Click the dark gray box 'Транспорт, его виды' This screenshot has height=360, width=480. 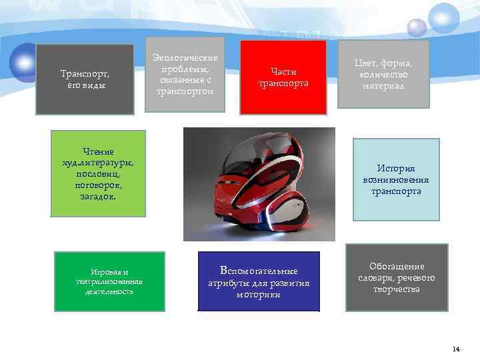85,79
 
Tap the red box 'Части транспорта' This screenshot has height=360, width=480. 283,77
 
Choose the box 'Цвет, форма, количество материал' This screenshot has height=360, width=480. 383,73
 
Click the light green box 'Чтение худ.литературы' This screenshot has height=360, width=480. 98,173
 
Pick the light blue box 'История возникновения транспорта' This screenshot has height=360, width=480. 396,180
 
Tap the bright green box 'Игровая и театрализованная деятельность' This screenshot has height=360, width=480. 109,281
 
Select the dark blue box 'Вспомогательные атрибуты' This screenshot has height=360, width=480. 259,281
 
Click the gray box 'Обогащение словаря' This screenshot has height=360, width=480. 397,277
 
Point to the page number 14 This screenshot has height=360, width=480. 456,349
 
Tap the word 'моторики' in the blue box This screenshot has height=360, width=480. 258,295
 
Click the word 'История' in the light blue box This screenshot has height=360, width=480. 396,169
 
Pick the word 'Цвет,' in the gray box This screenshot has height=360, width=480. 368,63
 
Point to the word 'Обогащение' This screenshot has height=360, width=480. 397,266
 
